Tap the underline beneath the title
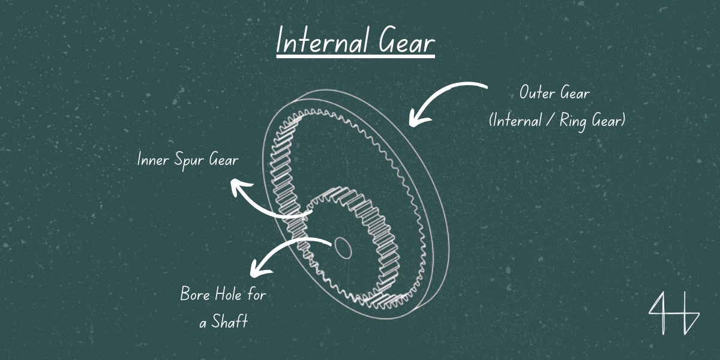click(355, 57)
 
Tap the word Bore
click(194, 295)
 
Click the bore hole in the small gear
click(343, 245)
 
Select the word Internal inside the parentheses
click(515, 121)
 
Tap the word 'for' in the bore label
click(257, 294)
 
